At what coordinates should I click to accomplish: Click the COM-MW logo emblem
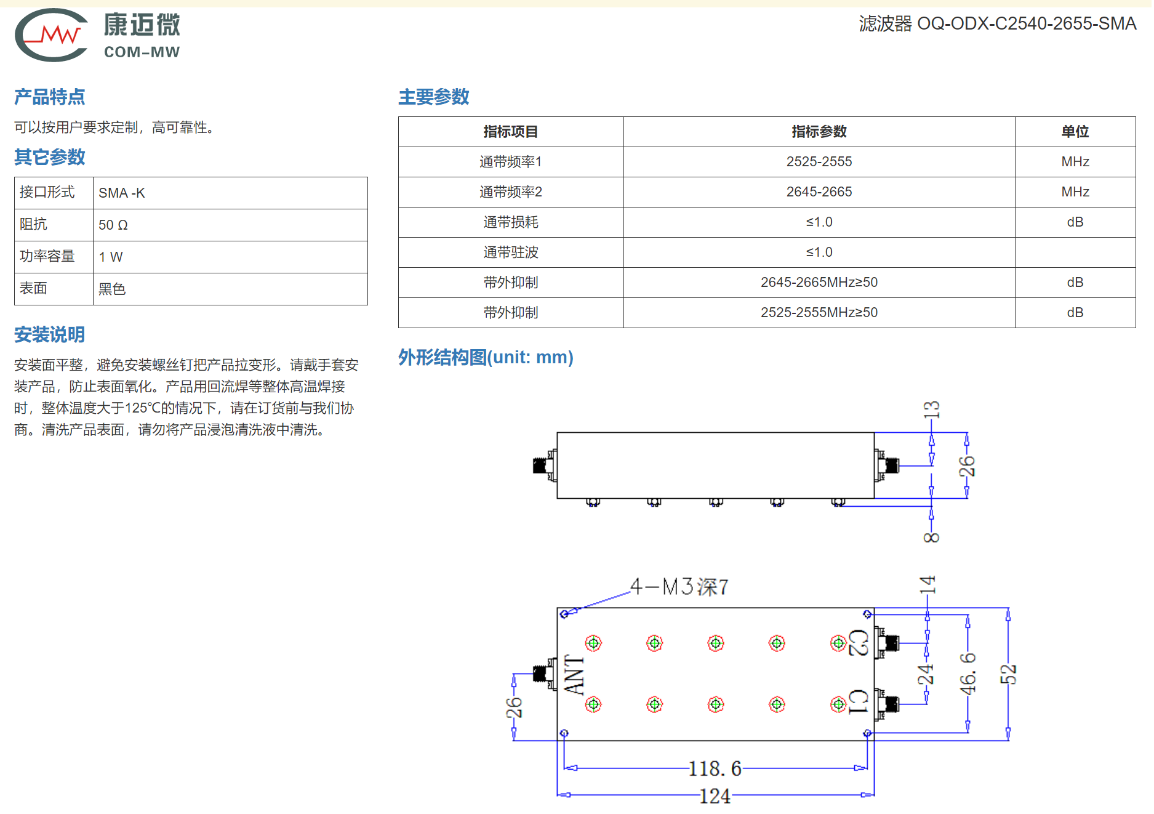click(52, 35)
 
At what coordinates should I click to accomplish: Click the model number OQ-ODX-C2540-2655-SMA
click(1026, 23)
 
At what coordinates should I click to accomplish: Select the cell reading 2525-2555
click(819, 162)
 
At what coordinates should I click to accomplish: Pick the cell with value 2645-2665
click(819, 192)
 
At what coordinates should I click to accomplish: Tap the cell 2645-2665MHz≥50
click(819, 283)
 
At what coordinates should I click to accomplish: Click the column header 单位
click(1075, 132)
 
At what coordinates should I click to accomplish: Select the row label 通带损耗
click(510, 222)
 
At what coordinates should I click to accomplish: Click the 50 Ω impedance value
click(113, 225)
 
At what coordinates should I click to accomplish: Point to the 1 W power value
click(111, 257)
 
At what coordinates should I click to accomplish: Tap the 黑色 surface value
click(112, 289)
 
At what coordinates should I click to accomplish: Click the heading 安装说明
click(50, 335)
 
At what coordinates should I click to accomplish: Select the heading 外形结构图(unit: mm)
click(486, 357)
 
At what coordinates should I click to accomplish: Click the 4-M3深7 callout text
click(679, 587)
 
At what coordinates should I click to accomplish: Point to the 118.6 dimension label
click(715, 768)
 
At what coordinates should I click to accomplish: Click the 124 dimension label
click(715, 797)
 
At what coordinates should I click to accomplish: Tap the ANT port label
click(574, 675)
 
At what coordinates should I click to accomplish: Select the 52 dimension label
click(1008, 675)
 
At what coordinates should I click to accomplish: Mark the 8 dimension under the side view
click(931, 538)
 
